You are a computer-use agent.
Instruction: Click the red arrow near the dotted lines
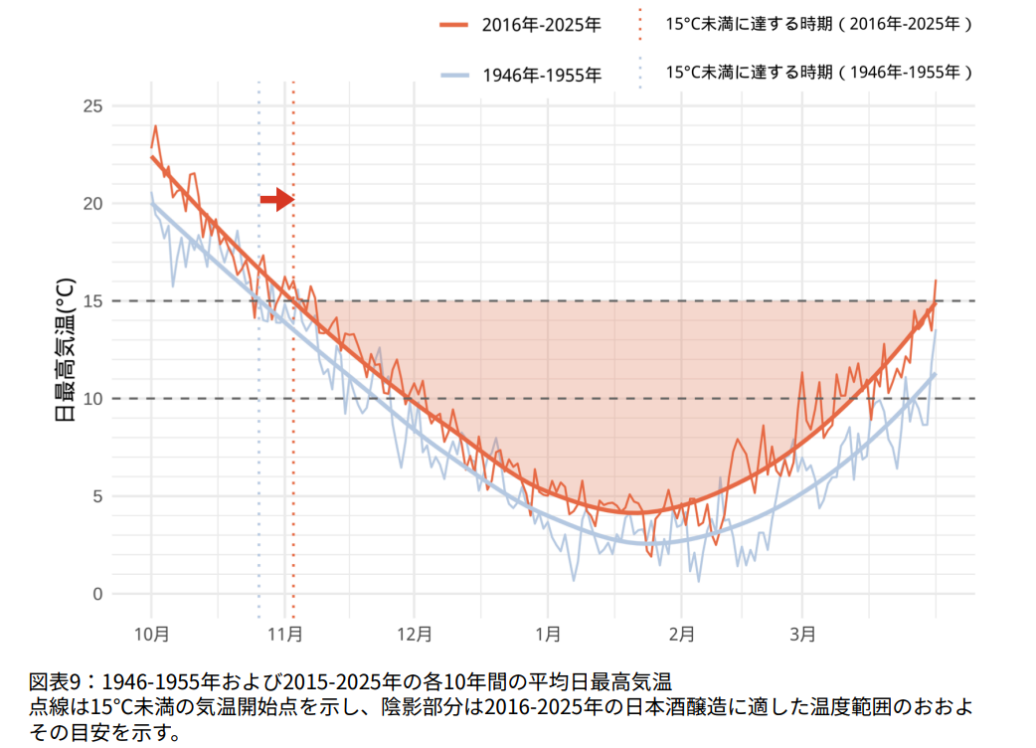click(275, 200)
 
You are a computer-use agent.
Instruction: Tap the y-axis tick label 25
click(91, 106)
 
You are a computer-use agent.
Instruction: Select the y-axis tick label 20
click(91, 204)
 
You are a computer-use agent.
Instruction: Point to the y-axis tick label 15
click(91, 301)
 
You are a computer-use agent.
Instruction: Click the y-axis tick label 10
click(91, 399)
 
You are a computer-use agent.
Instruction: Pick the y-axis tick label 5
click(96, 496)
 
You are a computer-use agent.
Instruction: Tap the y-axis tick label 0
click(96, 594)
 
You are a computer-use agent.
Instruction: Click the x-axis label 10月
click(151, 634)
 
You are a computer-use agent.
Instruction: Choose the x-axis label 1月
click(546, 634)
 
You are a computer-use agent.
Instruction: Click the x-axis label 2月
click(680, 634)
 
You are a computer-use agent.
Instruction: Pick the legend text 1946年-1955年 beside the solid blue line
click(541, 75)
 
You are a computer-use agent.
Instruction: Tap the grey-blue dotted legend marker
click(640, 73)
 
